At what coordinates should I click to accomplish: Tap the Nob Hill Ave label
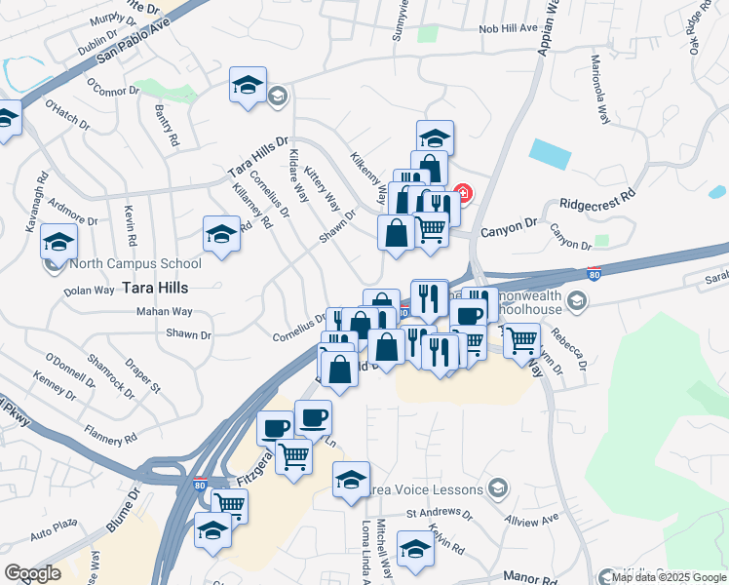pyautogui.click(x=508, y=28)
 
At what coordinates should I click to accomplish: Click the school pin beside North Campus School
pyautogui.click(x=58, y=244)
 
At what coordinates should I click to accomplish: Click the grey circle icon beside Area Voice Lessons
pyautogui.click(x=497, y=487)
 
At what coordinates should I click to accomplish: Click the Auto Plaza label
pyautogui.click(x=53, y=535)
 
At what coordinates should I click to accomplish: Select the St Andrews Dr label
pyautogui.click(x=438, y=513)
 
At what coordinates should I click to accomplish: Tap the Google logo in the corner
pyautogui.click(x=32, y=573)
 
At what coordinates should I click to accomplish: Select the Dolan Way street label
pyautogui.click(x=90, y=291)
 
